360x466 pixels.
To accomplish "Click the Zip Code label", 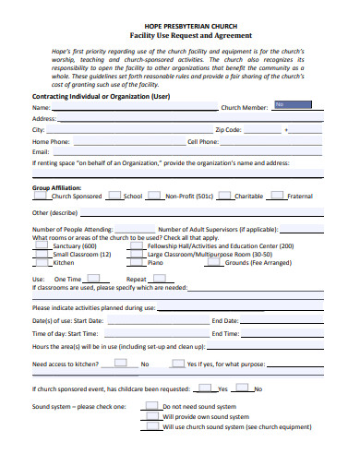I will point(228,130).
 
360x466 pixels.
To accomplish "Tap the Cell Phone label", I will point(203,141).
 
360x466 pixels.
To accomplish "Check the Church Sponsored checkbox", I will point(42,196).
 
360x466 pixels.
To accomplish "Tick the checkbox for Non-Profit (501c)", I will point(155,196).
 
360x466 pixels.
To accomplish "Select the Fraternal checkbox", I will point(278,196).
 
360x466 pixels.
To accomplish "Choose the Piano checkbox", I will point(138,262).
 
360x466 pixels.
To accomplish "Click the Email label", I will point(42,152).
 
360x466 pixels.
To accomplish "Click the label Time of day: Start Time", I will point(66,332).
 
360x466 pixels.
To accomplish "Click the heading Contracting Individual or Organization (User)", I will point(102,95).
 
